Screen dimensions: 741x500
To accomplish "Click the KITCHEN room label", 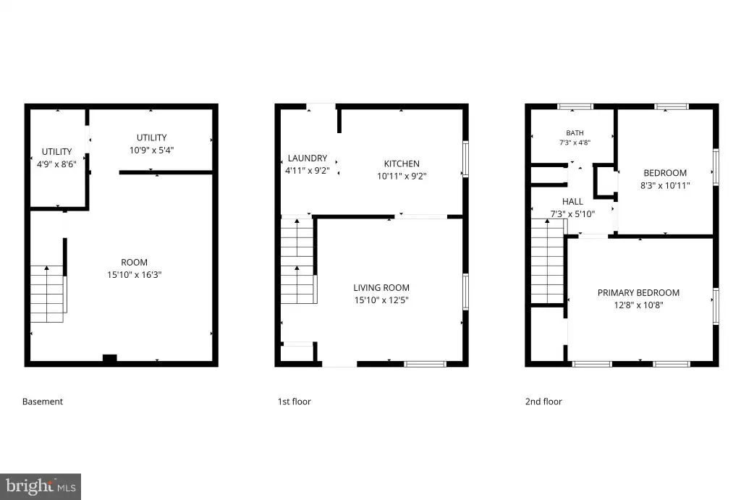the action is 402,164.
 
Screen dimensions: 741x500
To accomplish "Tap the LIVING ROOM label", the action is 381,287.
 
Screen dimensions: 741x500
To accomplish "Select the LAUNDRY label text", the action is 307,158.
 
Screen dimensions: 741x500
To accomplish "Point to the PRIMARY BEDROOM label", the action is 638,292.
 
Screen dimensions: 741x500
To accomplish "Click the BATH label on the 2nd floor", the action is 575,133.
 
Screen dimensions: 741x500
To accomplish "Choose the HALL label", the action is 572,201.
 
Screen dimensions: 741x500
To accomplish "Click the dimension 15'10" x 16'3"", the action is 134,274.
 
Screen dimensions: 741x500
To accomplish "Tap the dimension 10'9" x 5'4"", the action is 152,150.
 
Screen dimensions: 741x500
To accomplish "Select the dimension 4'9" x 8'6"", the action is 56,164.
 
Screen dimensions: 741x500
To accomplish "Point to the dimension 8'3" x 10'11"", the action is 665,185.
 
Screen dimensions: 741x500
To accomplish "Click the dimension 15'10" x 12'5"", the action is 381,300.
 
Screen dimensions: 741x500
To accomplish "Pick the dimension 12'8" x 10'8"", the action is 638,305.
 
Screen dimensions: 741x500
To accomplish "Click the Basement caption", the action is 43,401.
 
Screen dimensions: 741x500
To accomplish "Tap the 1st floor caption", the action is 295,401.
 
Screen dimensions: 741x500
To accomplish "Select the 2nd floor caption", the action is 543,401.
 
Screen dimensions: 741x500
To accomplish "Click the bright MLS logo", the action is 41,486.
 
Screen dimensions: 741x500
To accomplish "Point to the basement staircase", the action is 47,294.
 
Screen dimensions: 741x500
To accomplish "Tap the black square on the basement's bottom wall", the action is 110,358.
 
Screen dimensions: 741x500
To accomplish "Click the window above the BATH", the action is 575,106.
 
